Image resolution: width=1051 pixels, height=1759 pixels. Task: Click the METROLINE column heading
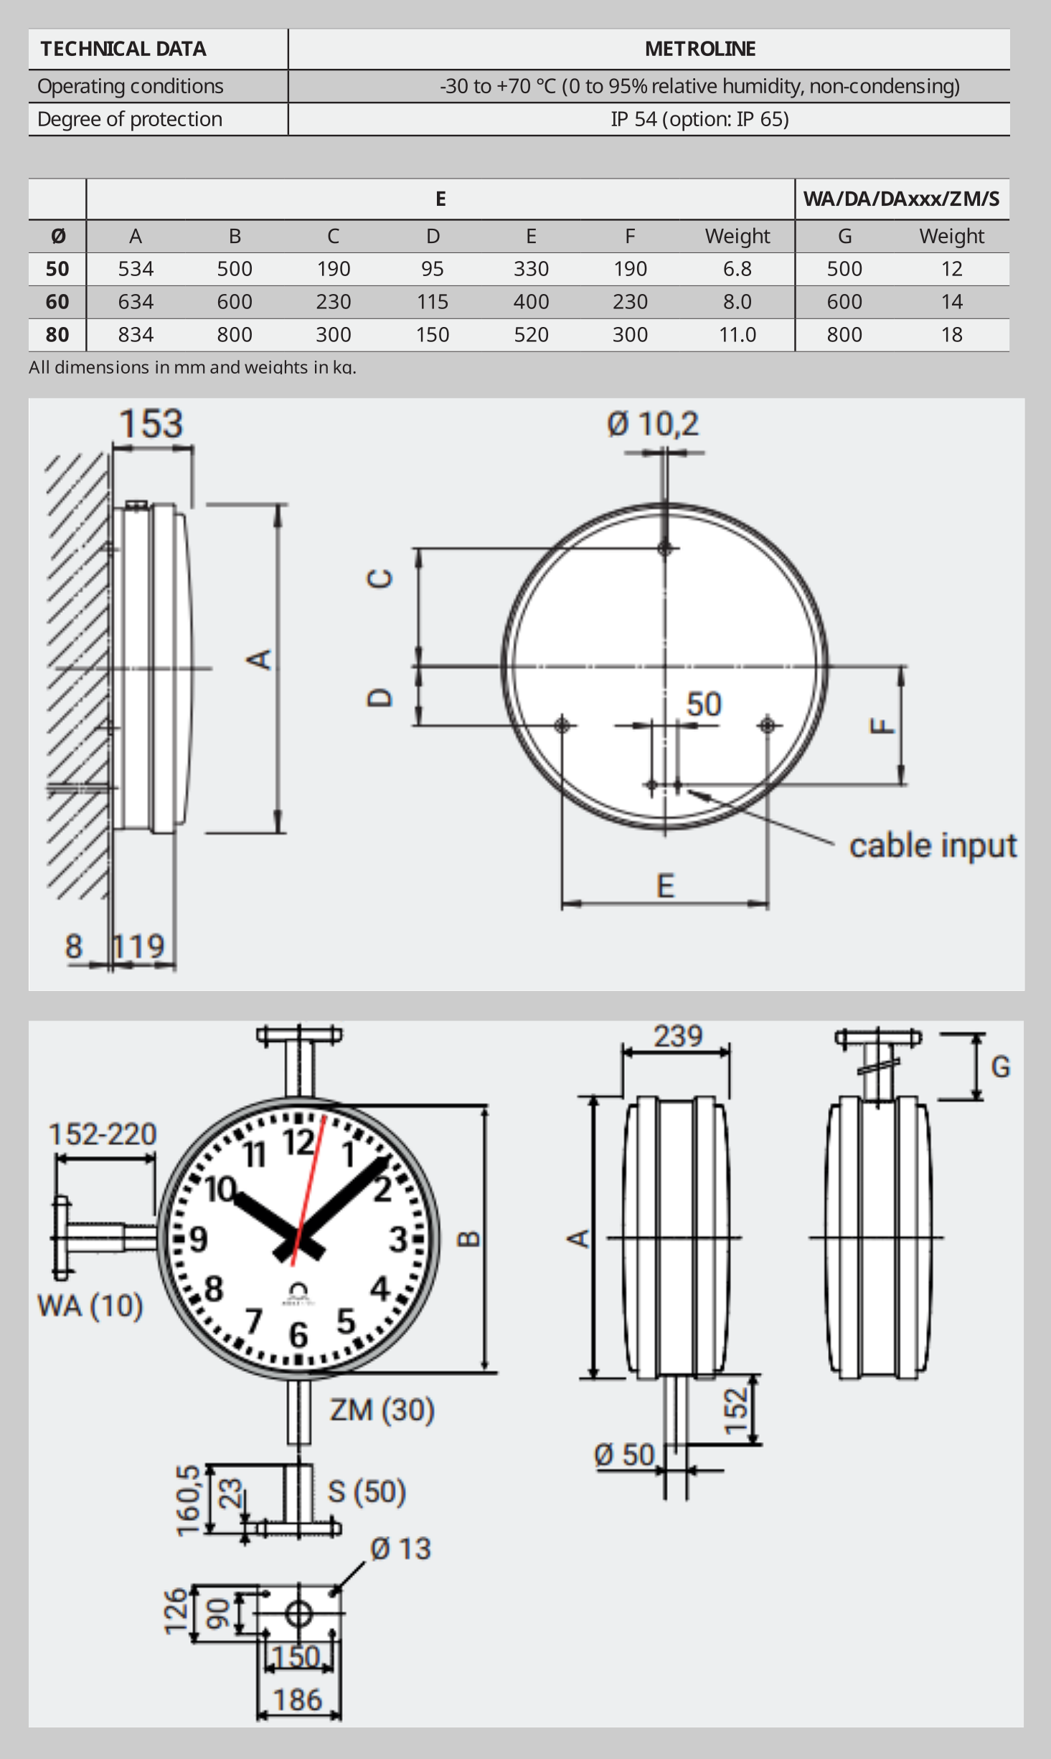[699, 49]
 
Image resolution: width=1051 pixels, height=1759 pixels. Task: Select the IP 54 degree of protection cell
[699, 119]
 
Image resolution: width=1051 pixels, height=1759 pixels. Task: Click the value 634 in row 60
[136, 302]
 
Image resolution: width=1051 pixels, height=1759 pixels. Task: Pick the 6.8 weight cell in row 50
[737, 269]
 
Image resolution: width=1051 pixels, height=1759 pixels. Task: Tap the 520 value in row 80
[531, 335]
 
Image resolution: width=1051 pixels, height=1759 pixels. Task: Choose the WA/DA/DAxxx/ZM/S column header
[901, 199]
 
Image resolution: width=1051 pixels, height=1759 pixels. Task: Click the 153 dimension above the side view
[151, 424]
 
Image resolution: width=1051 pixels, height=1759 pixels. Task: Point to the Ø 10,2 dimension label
[652, 424]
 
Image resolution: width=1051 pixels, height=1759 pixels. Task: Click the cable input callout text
[933, 846]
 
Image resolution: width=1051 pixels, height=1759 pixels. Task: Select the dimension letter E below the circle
[665, 886]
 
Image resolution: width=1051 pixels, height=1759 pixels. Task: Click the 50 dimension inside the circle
[703, 704]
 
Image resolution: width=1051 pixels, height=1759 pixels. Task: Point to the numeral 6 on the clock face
[298, 1334]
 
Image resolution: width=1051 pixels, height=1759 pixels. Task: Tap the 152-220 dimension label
[103, 1134]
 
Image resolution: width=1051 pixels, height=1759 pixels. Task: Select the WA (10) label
[90, 1306]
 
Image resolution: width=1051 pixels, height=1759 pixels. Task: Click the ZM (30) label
[382, 1410]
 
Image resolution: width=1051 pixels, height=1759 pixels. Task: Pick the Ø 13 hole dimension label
[400, 1549]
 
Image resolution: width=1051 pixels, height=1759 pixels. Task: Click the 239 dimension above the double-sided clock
[677, 1036]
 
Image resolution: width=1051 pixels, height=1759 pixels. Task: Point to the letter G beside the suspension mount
[1000, 1067]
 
